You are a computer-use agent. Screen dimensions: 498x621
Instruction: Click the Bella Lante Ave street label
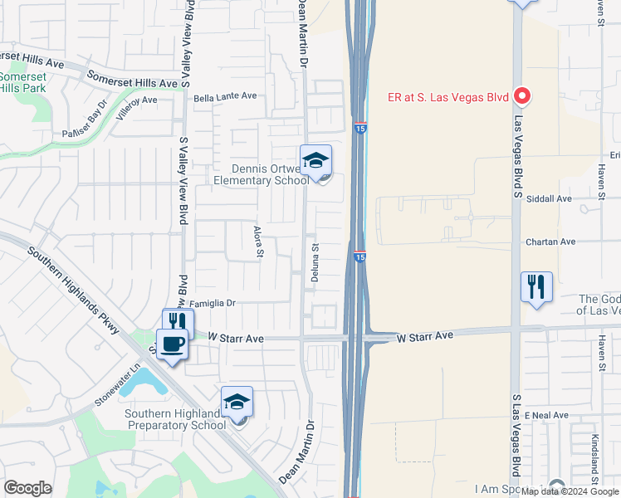(225, 96)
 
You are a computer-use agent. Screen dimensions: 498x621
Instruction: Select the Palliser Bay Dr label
(86, 122)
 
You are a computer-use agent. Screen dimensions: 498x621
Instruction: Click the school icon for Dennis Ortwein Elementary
(315, 160)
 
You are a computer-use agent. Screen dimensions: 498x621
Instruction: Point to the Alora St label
(258, 241)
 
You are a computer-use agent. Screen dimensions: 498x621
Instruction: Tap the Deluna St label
(315, 263)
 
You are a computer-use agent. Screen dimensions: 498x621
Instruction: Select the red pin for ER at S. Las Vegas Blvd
(522, 97)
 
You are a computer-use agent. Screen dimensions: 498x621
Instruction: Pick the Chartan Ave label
(550, 242)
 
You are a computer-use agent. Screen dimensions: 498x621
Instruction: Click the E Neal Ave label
(545, 414)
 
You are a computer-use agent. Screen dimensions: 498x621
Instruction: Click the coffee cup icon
(173, 344)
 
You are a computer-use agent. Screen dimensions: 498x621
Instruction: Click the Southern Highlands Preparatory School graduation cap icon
(237, 402)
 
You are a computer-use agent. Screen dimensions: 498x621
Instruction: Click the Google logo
(27, 488)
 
